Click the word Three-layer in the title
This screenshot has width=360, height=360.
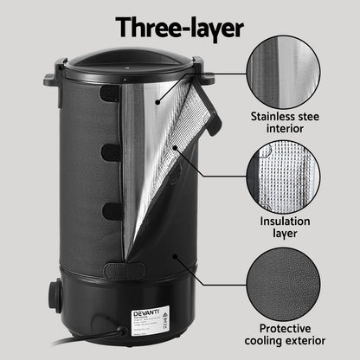coord(179,27)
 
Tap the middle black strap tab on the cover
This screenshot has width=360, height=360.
coord(109,152)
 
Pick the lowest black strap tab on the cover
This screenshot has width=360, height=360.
coord(110,210)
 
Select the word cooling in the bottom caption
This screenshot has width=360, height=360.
coord(268,343)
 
